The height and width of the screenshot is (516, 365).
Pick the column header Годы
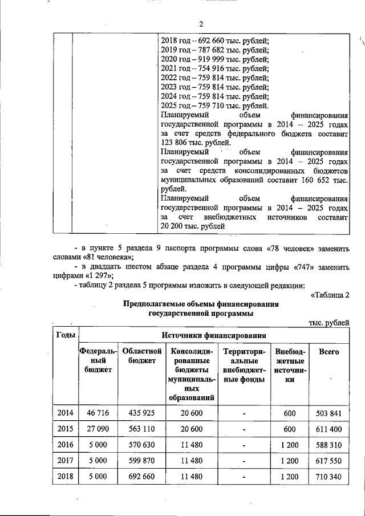(x=66, y=335)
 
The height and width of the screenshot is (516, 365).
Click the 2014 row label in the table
(x=66, y=412)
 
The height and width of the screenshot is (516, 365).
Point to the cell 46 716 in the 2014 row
(x=98, y=412)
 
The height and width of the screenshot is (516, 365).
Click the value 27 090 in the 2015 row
(x=98, y=428)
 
